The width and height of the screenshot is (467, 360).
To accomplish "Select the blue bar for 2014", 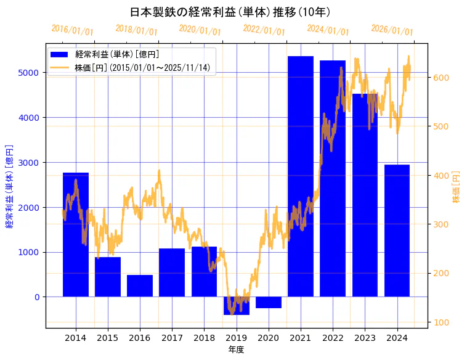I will (76, 234).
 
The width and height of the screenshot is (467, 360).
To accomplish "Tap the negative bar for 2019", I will (237, 306).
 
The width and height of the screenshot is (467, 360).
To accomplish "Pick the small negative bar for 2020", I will (269, 303).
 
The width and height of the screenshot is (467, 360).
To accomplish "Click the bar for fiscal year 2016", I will (140, 286).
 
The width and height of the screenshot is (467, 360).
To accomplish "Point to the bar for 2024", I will (397, 231).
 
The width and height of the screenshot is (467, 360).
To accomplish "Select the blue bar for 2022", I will (333, 179).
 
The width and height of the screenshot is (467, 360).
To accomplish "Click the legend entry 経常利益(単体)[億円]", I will (116, 55).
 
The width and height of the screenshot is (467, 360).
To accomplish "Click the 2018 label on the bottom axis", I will (204, 338).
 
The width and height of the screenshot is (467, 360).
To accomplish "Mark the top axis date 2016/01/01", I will (72, 30).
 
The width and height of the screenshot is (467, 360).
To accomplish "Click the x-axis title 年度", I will (236, 350).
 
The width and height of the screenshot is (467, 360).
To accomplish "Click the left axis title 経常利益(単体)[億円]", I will (9, 187).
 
